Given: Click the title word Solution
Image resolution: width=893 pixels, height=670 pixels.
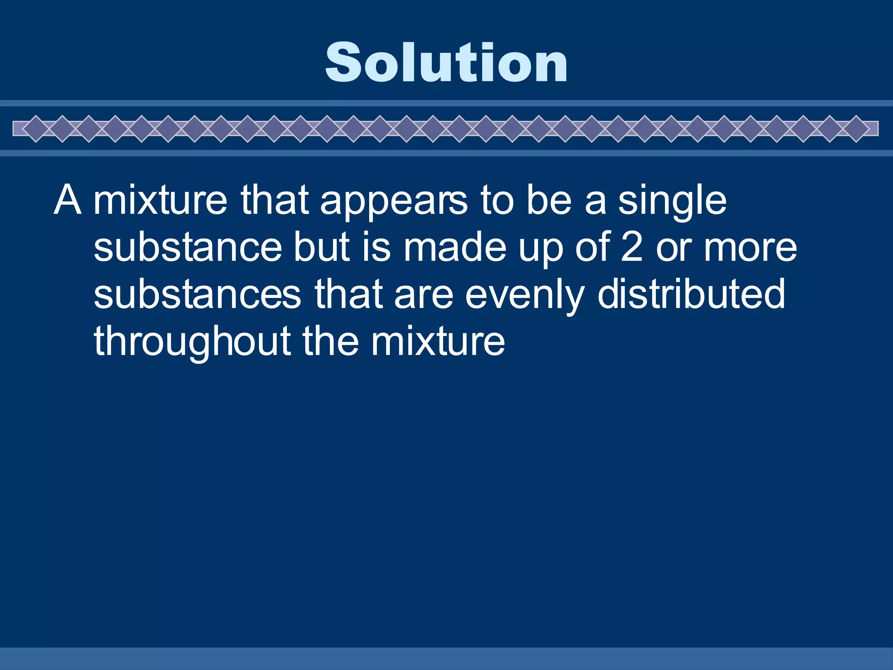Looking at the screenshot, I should (x=446, y=62).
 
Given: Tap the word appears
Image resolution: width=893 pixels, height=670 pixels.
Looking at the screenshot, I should (x=394, y=201).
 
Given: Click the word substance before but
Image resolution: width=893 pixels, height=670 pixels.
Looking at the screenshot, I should (x=187, y=247).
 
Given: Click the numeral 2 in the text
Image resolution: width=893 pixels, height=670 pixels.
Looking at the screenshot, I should (x=632, y=247).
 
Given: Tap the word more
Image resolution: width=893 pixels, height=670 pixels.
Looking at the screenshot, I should (x=750, y=247).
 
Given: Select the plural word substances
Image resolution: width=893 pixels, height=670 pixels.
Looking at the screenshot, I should (x=197, y=294).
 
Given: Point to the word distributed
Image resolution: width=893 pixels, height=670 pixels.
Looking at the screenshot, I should (x=691, y=294).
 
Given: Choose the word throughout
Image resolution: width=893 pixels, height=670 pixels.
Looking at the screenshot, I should (x=192, y=342).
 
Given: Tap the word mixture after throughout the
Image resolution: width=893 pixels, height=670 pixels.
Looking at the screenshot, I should (x=438, y=342).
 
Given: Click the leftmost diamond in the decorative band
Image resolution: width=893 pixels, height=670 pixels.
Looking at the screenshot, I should (x=36, y=129).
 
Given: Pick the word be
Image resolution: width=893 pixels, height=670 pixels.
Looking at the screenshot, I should (x=549, y=201).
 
